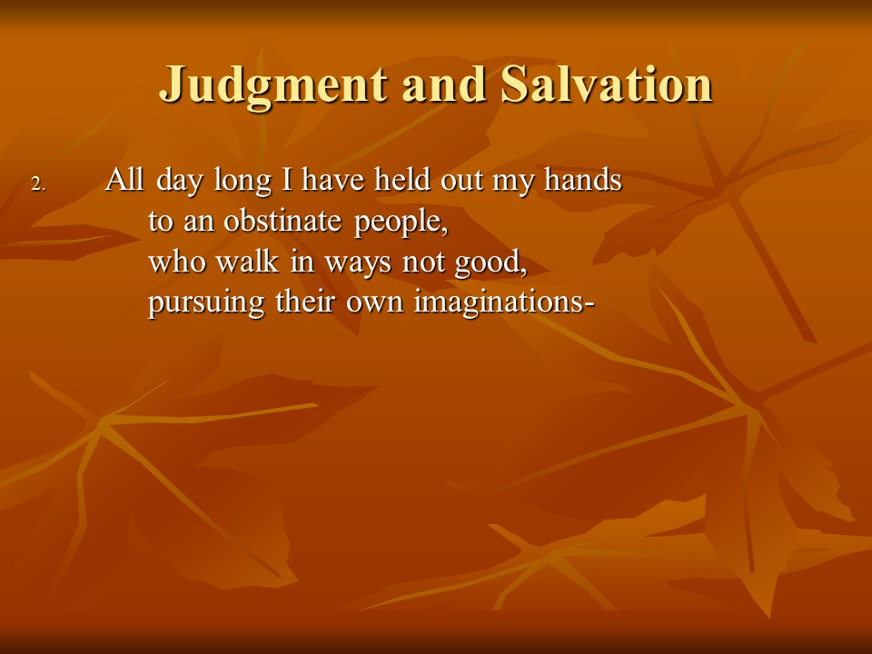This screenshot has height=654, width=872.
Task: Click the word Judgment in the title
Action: pos(273,85)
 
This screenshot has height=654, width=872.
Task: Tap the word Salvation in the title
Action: pos(606,84)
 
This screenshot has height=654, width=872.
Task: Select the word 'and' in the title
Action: pos(443,84)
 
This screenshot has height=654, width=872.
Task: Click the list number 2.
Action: pos(38,184)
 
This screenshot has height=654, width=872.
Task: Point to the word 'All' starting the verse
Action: pos(125,180)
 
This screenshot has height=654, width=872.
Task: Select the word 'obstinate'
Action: pos(282,221)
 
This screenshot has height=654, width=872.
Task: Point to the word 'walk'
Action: pos(247,262)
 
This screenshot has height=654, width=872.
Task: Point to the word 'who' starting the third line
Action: pos(176,262)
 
